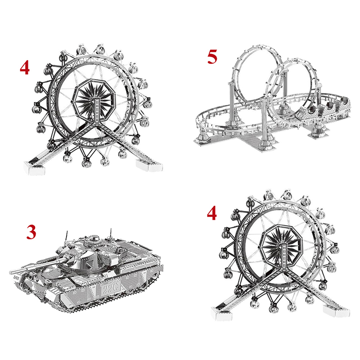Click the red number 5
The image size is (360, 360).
pyautogui.click(x=212, y=57)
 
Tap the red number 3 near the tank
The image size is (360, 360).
pyautogui.click(x=31, y=232)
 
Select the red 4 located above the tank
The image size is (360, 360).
pyautogui.click(x=25, y=68)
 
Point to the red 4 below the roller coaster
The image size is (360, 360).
pyautogui.click(x=211, y=213)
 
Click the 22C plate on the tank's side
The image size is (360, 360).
pyautogui.click(x=108, y=289)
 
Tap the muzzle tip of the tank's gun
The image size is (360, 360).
pyautogui.click(x=10, y=272)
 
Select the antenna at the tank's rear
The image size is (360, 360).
pyautogui.click(x=111, y=234)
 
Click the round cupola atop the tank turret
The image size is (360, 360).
pyautogui.click(x=93, y=239)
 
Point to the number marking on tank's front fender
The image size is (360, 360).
pyautogui.click(x=16, y=277)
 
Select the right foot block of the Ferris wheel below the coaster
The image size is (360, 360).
pyautogui.click(x=336, y=311)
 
